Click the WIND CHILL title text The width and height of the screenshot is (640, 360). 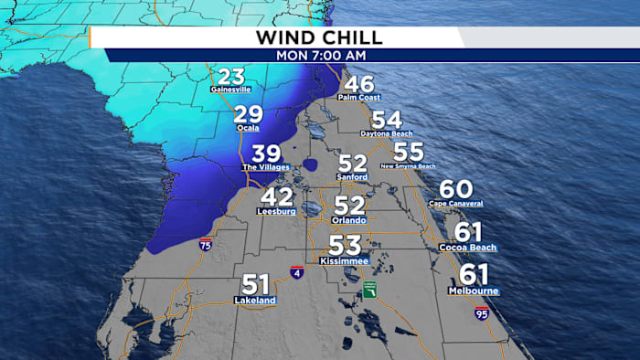[x=318, y=37]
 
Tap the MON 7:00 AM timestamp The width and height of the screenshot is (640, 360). [x=318, y=54]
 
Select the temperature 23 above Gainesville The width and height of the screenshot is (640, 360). [x=232, y=78]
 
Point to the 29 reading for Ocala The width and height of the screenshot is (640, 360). [x=248, y=115]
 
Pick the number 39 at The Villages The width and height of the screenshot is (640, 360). [x=266, y=154]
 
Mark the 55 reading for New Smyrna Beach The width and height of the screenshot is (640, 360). [x=409, y=153]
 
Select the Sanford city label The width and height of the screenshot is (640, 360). [x=352, y=177]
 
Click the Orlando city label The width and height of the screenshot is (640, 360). [x=349, y=220]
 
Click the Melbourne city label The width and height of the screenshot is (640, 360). [x=474, y=291]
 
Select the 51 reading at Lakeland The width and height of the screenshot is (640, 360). [x=257, y=286]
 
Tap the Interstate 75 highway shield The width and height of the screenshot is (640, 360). [x=206, y=245]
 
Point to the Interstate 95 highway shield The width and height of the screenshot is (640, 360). [x=482, y=312]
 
